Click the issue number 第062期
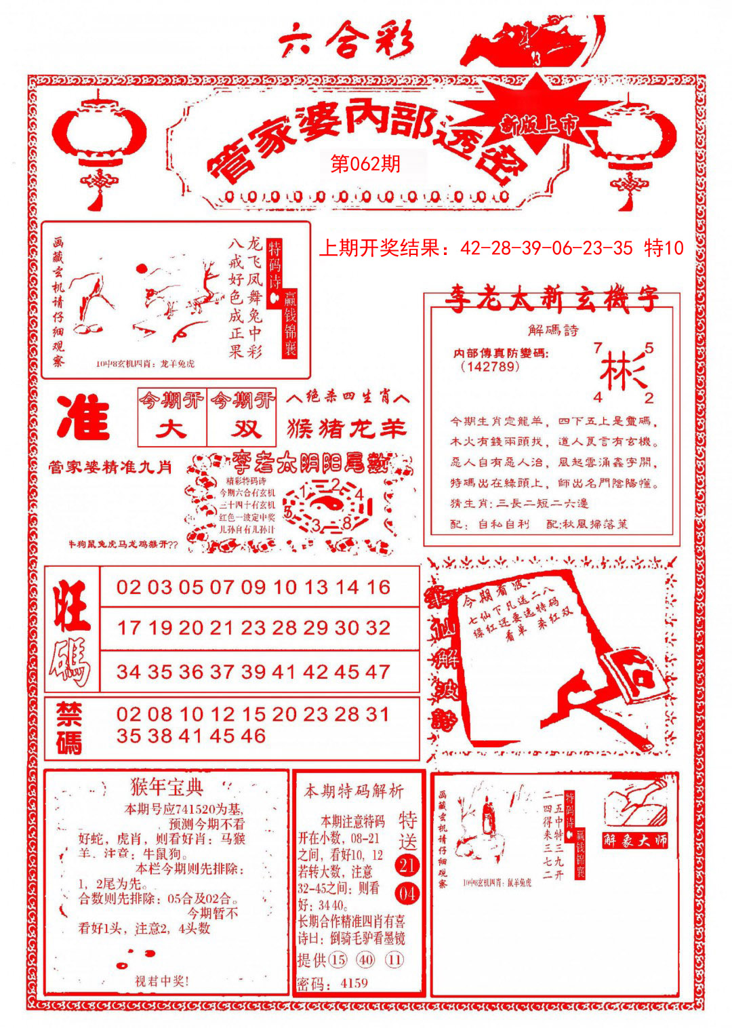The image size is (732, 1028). point(365,163)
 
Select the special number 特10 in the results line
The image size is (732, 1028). point(664,248)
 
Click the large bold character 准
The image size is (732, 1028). point(83,417)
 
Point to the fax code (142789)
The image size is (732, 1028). point(489,367)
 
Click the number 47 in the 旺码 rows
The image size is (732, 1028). point(378,672)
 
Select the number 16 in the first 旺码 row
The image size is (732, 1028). point(378,587)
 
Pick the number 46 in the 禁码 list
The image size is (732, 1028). point(252,736)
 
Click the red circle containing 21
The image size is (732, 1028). point(407,865)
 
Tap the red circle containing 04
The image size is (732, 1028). point(407,894)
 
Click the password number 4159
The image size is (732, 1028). point(354,983)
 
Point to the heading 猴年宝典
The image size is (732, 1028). point(166,787)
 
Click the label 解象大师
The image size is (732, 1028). point(635,840)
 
